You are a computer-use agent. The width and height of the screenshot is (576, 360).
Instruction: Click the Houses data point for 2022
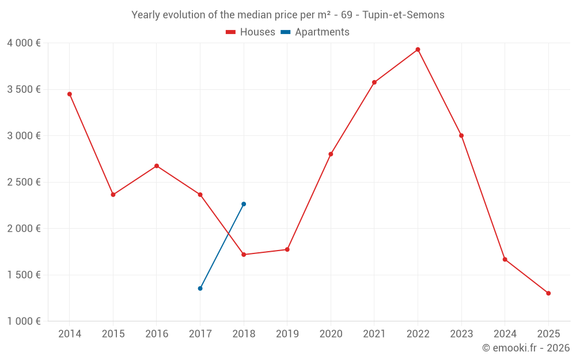click(418, 50)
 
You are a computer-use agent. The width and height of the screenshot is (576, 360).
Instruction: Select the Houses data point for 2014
click(70, 94)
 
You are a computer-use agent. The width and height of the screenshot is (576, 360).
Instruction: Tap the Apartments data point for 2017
click(200, 288)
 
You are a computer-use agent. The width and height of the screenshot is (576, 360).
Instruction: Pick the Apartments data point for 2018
click(244, 204)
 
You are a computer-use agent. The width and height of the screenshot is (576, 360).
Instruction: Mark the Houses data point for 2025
click(548, 293)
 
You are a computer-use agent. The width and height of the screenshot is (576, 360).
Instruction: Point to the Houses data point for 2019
click(287, 249)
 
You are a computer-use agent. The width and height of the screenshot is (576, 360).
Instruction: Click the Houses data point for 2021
click(374, 82)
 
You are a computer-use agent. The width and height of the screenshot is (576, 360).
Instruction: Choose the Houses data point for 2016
click(157, 166)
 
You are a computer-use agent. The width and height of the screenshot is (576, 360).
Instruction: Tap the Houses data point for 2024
click(505, 259)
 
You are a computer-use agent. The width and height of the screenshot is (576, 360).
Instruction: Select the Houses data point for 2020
click(331, 154)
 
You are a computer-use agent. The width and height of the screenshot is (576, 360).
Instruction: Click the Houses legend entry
click(251, 32)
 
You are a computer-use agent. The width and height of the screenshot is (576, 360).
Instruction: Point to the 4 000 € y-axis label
click(24, 43)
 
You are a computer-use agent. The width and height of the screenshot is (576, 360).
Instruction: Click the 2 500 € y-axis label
click(24, 182)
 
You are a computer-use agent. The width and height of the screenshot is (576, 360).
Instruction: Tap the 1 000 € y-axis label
click(24, 321)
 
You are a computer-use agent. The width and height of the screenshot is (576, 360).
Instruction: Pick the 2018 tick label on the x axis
click(244, 334)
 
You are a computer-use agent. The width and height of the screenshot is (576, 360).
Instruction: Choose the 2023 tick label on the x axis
click(461, 334)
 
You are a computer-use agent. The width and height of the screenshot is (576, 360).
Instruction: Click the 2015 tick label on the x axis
click(113, 334)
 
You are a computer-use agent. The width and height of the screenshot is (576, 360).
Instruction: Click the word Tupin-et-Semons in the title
click(403, 15)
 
